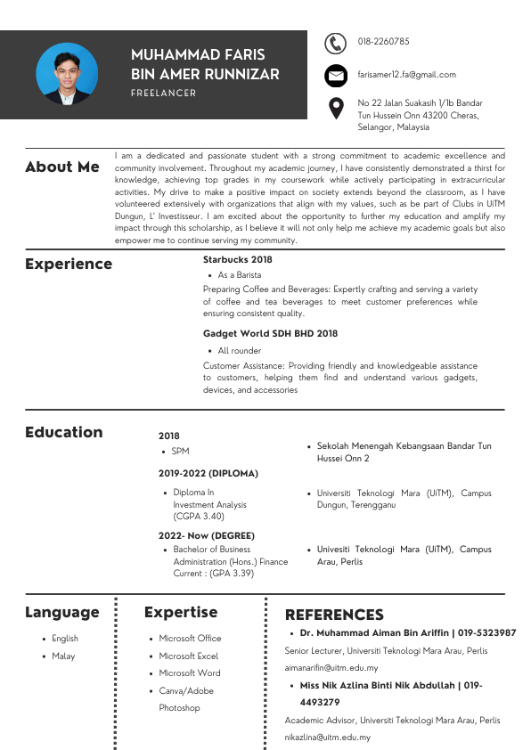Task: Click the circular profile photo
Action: click(68, 74)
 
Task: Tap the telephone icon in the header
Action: click(335, 43)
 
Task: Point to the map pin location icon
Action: click(335, 108)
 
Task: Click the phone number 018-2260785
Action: click(384, 42)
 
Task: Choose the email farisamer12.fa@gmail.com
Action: click(407, 75)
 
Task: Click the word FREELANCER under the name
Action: click(163, 93)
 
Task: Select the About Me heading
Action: click(62, 167)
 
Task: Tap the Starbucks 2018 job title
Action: click(238, 260)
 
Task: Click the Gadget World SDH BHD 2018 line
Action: click(271, 334)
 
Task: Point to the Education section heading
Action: click(64, 432)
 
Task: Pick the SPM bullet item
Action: click(181, 452)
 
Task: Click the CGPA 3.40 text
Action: click(199, 517)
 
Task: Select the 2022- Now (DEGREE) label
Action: click(207, 536)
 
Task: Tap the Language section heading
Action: click(62, 612)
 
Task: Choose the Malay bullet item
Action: click(63, 656)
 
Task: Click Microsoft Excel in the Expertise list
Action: click(189, 656)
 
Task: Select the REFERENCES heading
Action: click(334, 615)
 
